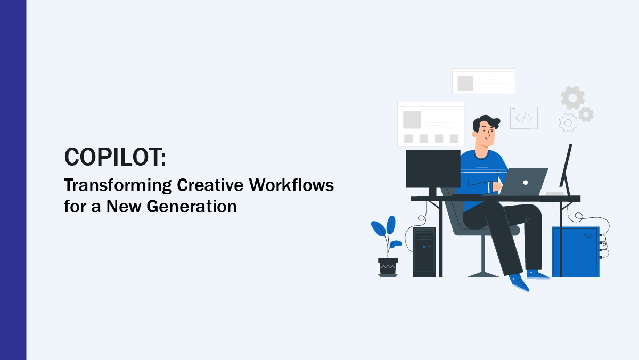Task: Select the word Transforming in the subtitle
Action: pyautogui.click(x=118, y=186)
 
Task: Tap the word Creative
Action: pyautogui.click(x=210, y=185)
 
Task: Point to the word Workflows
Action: pyautogui.click(x=291, y=185)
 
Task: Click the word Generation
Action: pyautogui.click(x=191, y=206)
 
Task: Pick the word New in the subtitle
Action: pyautogui.click(x=124, y=206)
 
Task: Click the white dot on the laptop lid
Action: pyautogui.click(x=526, y=183)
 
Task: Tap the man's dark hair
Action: pyautogui.click(x=486, y=122)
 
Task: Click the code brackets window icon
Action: pyautogui.click(x=524, y=118)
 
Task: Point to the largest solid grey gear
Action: pyautogui.click(x=572, y=98)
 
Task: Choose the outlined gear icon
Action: pyautogui.click(x=568, y=122)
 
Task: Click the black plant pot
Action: pyautogui.click(x=388, y=267)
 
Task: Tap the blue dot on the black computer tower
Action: pyautogui.click(x=424, y=247)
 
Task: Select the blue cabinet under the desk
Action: pyautogui.click(x=576, y=251)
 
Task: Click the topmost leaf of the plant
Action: pyautogui.click(x=391, y=225)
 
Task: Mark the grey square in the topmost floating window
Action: pyautogui.click(x=465, y=83)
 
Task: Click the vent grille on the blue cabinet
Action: pyautogui.click(x=588, y=236)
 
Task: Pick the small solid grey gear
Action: pyautogui.click(x=586, y=114)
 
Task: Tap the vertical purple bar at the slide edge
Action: pyautogui.click(x=13, y=180)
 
